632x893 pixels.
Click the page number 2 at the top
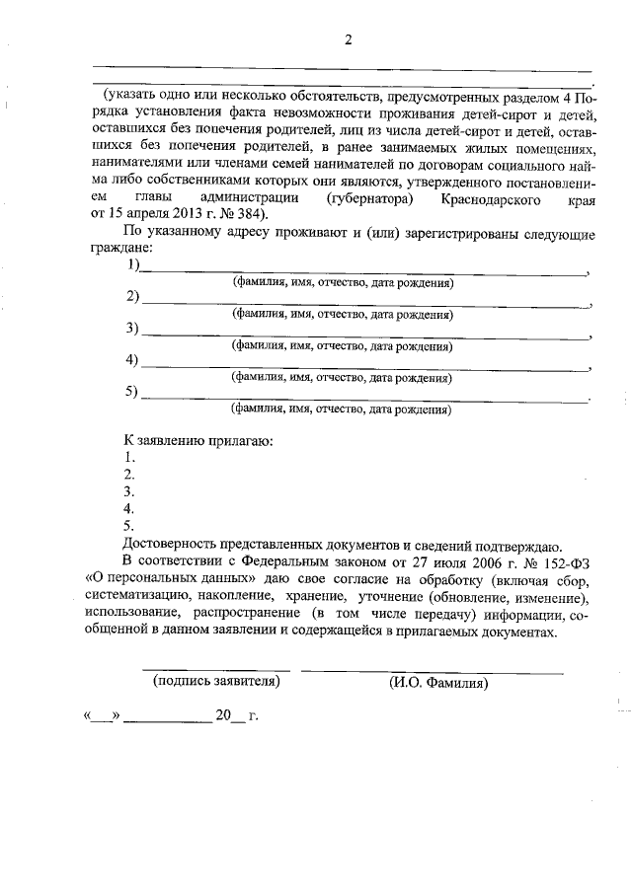coord(348,39)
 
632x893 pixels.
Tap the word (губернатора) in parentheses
coord(362,199)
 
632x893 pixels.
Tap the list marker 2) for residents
coord(132,297)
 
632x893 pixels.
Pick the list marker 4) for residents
coord(132,360)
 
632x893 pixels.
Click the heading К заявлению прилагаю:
coord(197,440)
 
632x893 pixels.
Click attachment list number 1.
coord(128,458)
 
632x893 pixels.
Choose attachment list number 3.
coord(128,492)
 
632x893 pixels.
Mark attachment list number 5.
coord(128,527)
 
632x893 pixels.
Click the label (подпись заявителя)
coord(215,681)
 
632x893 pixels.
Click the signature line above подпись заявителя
coord(215,670)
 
